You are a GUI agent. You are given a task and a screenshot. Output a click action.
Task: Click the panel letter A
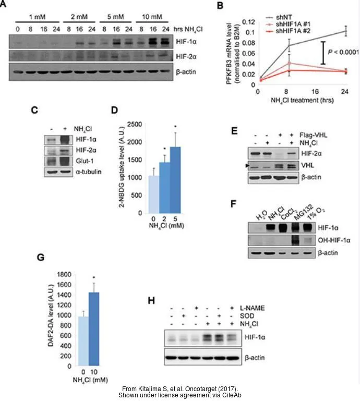point(4,5)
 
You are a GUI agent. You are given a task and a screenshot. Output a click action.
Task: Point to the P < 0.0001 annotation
point(342,52)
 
